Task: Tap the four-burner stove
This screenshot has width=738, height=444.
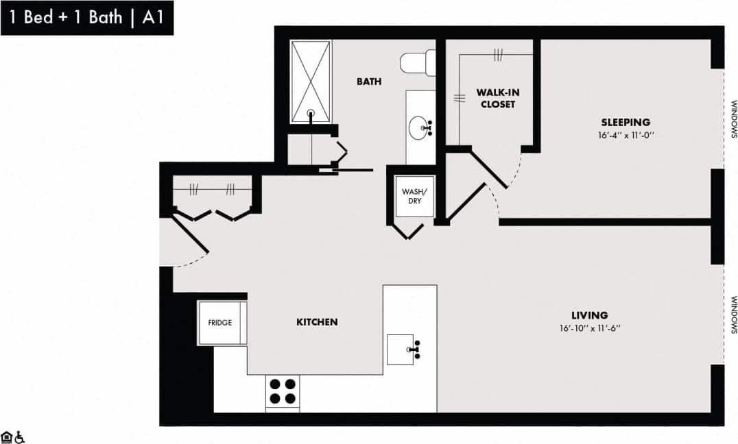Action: [x=282, y=392]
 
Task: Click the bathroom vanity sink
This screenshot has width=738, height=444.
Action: [x=420, y=127]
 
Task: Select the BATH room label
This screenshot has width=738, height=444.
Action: [x=369, y=82]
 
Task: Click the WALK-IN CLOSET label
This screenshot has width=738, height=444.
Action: [x=497, y=98]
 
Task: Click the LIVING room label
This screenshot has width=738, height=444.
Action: [x=589, y=315]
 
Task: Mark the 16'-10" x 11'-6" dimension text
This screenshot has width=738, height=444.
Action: [x=589, y=328]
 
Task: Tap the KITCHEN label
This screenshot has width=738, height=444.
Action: [x=317, y=321]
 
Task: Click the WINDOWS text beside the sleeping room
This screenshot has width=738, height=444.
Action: [x=733, y=120]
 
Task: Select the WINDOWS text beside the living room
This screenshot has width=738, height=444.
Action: [x=733, y=314]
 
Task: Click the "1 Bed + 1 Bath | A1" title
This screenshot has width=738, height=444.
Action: [x=86, y=18]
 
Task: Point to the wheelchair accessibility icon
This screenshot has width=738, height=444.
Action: [x=20, y=436]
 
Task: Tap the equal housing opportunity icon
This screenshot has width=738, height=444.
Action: [x=7, y=436]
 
